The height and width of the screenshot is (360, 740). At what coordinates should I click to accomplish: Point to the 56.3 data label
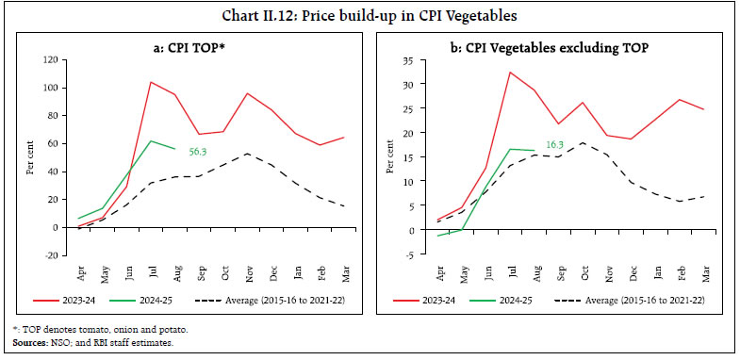(194, 149)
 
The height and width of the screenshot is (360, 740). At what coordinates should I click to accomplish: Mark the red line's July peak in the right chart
(510, 72)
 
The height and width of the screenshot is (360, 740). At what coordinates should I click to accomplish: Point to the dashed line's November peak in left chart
(247, 154)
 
